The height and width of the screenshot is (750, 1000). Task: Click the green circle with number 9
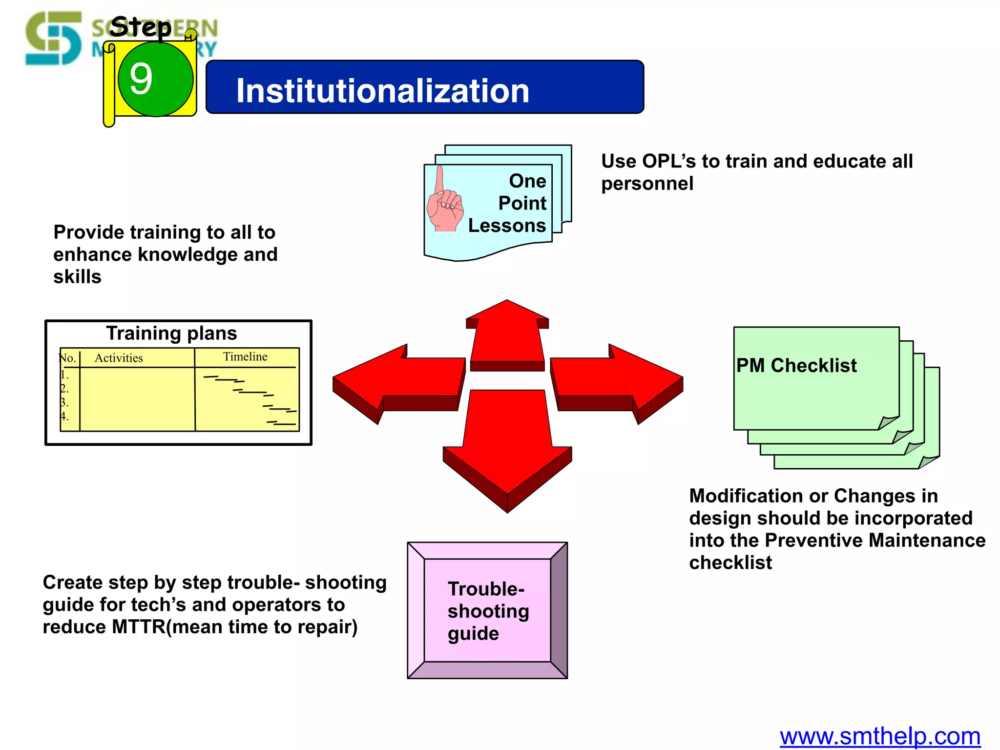click(155, 79)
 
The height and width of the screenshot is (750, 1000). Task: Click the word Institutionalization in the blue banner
click(382, 91)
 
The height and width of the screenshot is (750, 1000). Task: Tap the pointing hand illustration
click(444, 203)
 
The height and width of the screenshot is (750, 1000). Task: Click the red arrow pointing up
click(507, 337)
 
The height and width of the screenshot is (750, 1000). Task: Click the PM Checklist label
click(796, 365)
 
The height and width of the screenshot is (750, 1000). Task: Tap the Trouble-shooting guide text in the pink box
click(488, 611)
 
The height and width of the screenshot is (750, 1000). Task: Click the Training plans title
click(171, 333)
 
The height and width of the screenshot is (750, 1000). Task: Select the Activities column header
click(119, 358)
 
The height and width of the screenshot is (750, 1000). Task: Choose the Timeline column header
click(245, 356)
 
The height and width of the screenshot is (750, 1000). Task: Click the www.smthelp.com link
click(880, 736)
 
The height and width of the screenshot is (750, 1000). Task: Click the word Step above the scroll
click(141, 27)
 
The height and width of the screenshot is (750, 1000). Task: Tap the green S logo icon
click(54, 38)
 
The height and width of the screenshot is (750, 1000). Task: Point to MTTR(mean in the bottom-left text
click(168, 627)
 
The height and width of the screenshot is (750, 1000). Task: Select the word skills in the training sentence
click(77, 277)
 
